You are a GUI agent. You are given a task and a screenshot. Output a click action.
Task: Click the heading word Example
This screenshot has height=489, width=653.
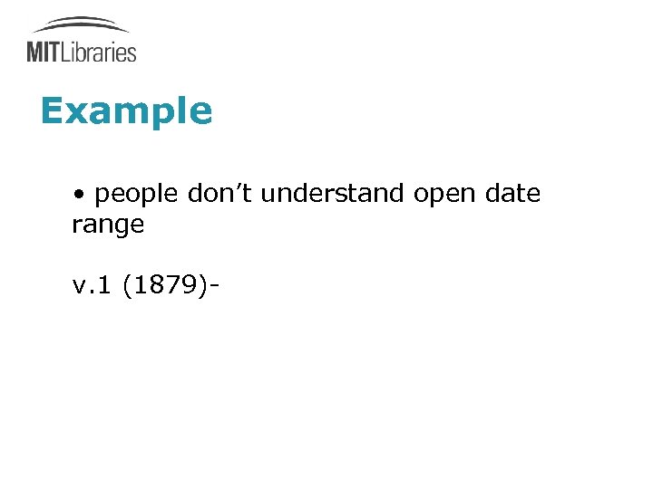[x=126, y=112]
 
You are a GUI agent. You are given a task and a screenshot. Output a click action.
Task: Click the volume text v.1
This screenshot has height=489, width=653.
[x=93, y=287]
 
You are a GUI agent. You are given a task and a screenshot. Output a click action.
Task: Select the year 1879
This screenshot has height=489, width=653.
[x=168, y=287]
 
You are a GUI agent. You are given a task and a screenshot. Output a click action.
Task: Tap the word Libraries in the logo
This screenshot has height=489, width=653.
[x=99, y=52]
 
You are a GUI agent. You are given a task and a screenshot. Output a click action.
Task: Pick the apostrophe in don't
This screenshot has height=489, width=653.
[x=237, y=188]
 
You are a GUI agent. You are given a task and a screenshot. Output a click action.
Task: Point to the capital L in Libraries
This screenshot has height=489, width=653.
[x=66, y=52]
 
